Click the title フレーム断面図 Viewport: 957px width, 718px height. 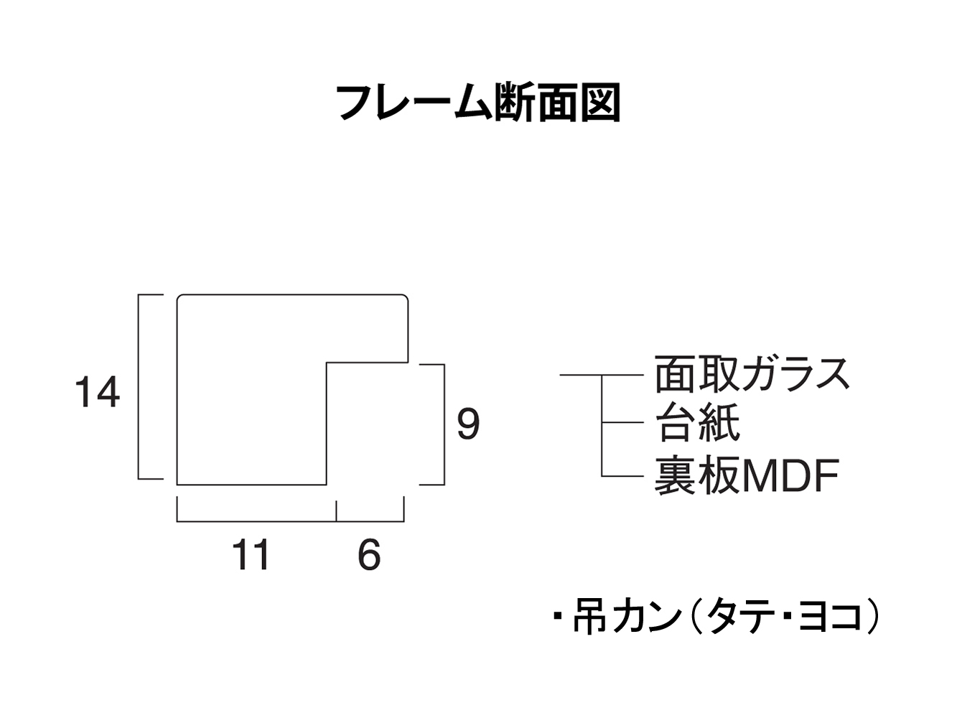pyautogui.click(x=478, y=103)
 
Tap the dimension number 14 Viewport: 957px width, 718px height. pyautogui.click(x=97, y=393)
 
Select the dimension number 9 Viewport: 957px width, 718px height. pyautogui.click(x=468, y=424)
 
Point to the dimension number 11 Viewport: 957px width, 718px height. pyautogui.click(x=251, y=555)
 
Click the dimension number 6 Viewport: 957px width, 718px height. pyautogui.click(x=369, y=555)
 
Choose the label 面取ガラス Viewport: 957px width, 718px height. pyautogui.click(x=752, y=374)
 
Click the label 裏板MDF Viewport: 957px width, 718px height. pyautogui.click(x=747, y=476)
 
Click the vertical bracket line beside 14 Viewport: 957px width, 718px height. pyautogui.click(x=139, y=386)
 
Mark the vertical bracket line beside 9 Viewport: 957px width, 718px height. pyautogui.click(x=444, y=424)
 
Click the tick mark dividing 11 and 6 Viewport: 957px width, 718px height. pyautogui.click(x=337, y=510)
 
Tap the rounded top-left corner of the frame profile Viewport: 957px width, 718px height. pyautogui.click(x=179, y=297)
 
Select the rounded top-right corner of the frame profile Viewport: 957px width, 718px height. pyautogui.click(x=406, y=297)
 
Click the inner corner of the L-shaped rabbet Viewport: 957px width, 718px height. pyautogui.click(x=327, y=363)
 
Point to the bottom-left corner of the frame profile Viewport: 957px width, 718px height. pyautogui.click(x=177, y=485)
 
